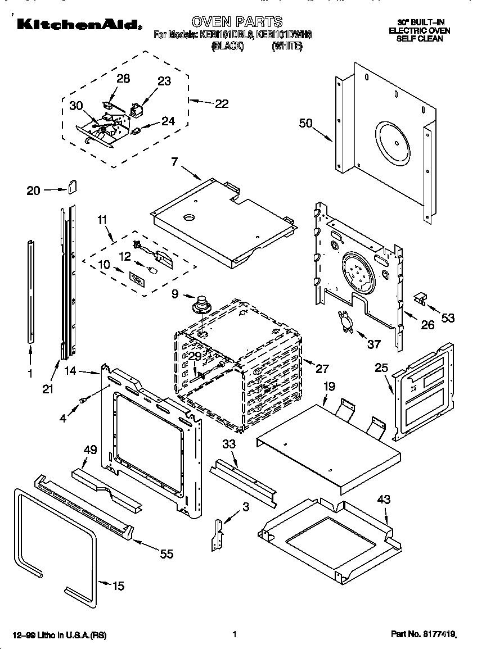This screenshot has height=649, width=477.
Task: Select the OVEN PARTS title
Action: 237,22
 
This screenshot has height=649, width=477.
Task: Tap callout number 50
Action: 305,124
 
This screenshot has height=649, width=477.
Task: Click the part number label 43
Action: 384,499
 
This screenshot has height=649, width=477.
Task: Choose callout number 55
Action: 166,554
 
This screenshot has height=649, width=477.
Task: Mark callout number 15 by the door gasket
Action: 118,586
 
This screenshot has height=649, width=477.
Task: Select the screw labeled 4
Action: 84,400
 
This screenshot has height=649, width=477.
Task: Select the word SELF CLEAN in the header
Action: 419,39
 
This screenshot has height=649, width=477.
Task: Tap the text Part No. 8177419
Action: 422,634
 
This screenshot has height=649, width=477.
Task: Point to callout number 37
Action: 373,344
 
